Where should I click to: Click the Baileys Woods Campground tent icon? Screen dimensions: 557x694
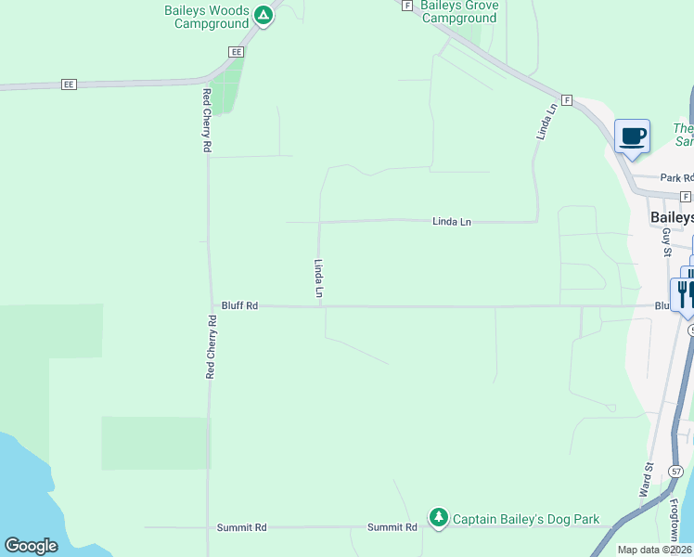pyautogui.click(x=263, y=15)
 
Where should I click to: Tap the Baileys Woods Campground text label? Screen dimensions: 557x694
pyautogui.click(x=212, y=17)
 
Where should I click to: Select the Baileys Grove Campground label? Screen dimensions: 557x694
pyautogui.click(x=459, y=11)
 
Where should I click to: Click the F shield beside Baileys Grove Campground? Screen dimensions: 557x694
pyautogui.click(x=406, y=5)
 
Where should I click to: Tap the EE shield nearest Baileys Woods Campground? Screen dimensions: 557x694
pyautogui.click(x=237, y=52)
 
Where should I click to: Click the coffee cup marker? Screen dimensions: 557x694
pyautogui.click(x=633, y=137)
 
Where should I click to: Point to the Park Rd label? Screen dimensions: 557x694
pyautogui.click(x=675, y=178)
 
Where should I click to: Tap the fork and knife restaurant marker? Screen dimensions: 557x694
pyautogui.click(x=685, y=293)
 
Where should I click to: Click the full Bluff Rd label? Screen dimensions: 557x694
pyautogui.click(x=239, y=305)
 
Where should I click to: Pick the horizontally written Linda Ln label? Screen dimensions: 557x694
pyautogui.click(x=452, y=222)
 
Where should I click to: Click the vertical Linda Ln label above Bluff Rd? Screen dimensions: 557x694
pyautogui.click(x=318, y=278)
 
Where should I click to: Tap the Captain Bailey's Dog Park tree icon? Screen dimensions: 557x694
pyautogui.click(x=438, y=518)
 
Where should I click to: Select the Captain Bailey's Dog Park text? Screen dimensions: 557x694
pyautogui.click(x=526, y=520)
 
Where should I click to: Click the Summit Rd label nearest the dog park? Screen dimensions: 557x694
pyautogui.click(x=392, y=527)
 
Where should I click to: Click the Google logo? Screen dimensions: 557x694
pyautogui.click(x=31, y=546)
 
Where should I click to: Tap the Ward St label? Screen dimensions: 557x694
pyautogui.click(x=647, y=481)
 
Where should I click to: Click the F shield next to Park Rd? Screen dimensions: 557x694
pyautogui.click(x=686, y=197)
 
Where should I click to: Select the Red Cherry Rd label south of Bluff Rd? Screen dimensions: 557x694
pyautogui.click(x=211, y=346)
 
